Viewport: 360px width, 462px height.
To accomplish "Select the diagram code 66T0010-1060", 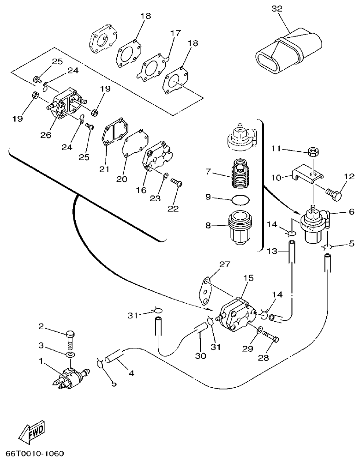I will click(x=35, y=454).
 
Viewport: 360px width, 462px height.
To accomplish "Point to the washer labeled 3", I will click(x=70, y=354).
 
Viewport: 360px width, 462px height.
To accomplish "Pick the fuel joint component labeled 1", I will click(x=69, y=376).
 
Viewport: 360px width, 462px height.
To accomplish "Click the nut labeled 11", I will click(x=313, y=152).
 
